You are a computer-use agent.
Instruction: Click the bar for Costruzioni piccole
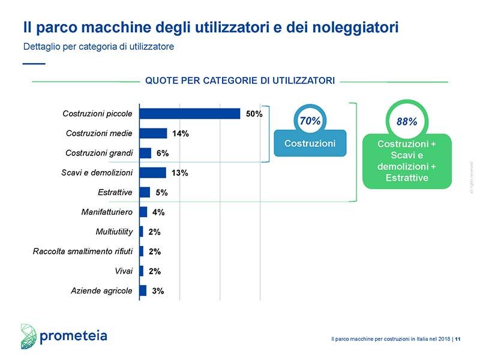[x=190, y=113]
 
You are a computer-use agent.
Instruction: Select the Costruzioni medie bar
[x=153, y=133]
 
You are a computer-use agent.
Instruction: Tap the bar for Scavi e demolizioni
[x=152, y=173]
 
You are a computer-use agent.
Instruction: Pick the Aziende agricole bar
[x=143, y=290]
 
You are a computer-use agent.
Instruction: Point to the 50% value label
[x=254, y=114]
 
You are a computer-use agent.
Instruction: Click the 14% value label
[x=181, y=134]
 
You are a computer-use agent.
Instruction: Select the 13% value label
[x=179, y=173]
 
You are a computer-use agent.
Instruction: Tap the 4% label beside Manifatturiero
[x=158, y=212]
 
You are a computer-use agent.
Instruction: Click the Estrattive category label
[x=115, y=193]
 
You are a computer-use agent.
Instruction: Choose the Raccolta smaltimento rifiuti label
[x=83, y=251]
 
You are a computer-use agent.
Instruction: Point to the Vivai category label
[x=124, y=271]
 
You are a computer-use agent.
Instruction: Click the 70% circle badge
[x=310, y=121]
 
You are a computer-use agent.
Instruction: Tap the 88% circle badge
[x=407, y=121]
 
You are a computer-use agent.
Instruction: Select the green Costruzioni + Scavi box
[x=407, y=161]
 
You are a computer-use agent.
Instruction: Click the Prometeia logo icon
[x=29, y=336]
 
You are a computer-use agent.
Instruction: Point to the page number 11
[x=458, y=340]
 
